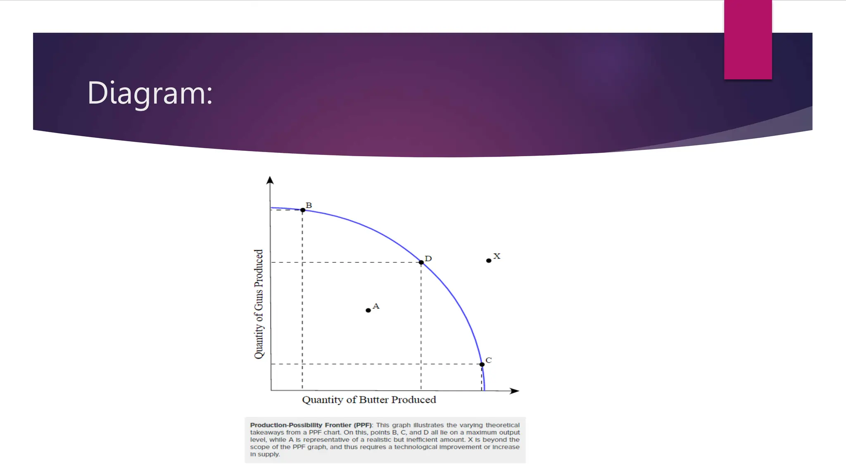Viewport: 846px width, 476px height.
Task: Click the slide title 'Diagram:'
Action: click(x=150, y=93)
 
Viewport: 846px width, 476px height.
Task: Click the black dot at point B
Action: click(x=303, y=210)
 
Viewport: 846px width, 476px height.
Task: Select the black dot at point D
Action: click(x=421, y=262)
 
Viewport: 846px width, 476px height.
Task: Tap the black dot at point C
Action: click(x=482, y=364)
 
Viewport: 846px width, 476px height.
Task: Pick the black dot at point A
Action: click(x=368, y=310)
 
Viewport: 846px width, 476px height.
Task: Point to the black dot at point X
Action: click(x=489, y=261)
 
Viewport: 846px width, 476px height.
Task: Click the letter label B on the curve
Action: click(x=309, y=205)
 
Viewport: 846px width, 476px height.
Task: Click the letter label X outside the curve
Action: click(x=497, y=256)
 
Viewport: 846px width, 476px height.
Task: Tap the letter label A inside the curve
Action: click(x=376, y=306)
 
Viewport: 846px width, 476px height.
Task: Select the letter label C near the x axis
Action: click(x=489, y=360)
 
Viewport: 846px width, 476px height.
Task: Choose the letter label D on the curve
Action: click(x=428, y=259)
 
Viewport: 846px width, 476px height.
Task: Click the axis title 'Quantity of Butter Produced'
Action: click(x=369, y=400)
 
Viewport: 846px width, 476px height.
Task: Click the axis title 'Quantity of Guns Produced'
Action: click(x=259, y=304)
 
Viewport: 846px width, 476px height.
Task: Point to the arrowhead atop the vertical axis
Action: click(x=270, y=180)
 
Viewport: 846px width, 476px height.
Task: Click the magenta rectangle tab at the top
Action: click(x=748, y=40)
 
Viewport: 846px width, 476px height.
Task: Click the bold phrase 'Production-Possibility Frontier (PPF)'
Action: click(x=311, y=425)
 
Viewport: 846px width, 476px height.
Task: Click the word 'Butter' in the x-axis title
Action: click(x=374, y=400)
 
